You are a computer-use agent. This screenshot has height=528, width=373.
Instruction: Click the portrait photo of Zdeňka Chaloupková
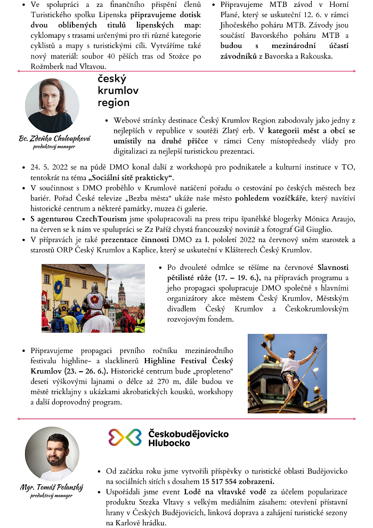(x=52, y=105)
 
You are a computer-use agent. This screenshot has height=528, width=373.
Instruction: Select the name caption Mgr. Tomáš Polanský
(x=52, y=487)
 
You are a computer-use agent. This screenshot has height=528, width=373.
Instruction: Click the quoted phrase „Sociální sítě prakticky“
(x=135, y=177)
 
